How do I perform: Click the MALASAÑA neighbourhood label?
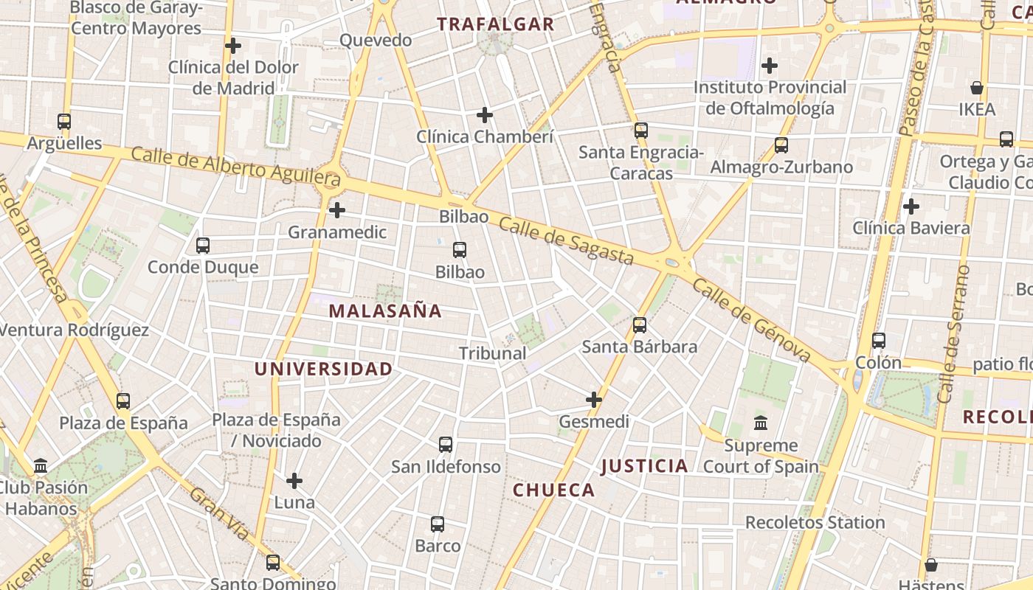click(385, 311)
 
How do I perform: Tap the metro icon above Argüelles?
click(64, 122)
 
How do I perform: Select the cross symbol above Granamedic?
click(337, 210)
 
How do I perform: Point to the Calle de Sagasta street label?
click(566, 241)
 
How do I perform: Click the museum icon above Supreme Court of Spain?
click(761, 423)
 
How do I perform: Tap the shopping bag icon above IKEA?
click(977, 88)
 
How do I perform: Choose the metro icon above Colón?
click(878, 340)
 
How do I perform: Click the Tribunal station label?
click(493, 353)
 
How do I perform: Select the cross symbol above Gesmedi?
click(594, 400)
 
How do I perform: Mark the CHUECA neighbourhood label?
click(553, 490)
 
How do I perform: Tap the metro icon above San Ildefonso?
click(446, 445)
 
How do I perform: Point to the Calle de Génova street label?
click(752, 322)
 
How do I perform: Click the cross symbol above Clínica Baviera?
click(911, 206)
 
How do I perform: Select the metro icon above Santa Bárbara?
click(640, 324)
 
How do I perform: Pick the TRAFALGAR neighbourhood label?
click(495, 24)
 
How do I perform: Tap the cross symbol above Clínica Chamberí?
click(485, 115)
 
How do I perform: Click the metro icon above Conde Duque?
click(203, 245)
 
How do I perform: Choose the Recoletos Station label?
click(815, 523)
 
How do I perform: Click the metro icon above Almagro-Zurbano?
click(781, 145)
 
